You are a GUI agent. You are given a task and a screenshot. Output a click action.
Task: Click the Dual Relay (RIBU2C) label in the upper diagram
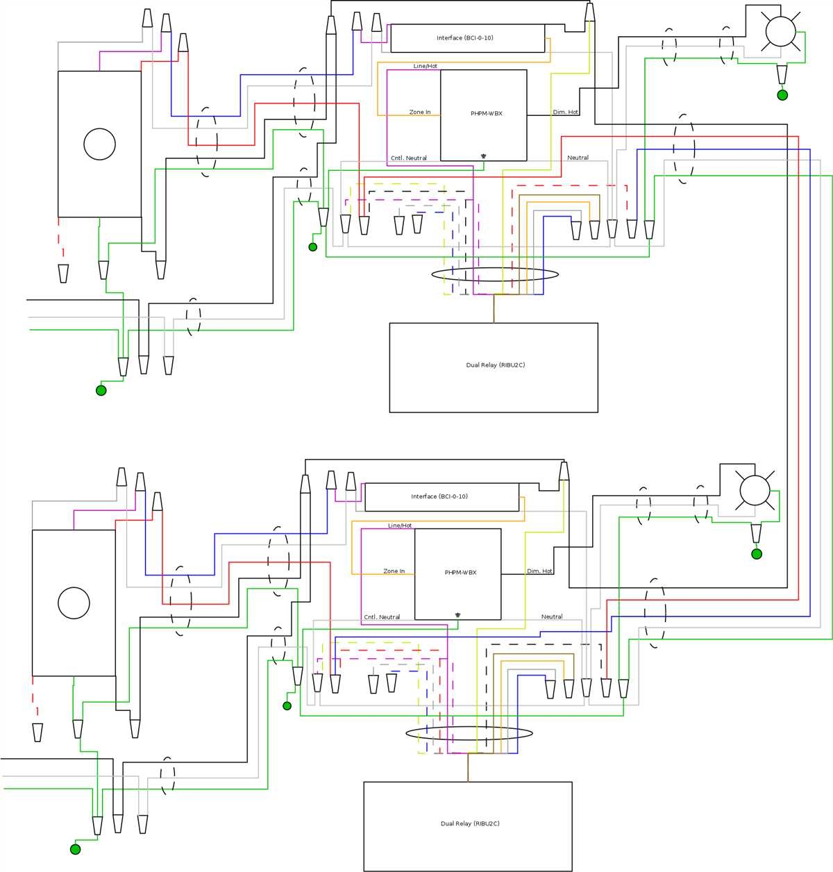click(x=495, y=365)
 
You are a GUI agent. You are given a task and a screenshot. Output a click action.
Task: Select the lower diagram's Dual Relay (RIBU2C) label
click(x=470, y=824)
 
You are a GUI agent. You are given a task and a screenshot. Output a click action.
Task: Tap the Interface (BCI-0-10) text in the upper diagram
click(x=465, y=38)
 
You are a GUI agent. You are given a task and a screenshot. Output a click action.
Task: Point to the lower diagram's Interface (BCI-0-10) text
click(x=439, y=497)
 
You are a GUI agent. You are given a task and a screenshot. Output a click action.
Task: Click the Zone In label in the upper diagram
click(x=420, y=112)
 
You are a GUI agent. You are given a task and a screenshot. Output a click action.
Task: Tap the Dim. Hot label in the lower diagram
click(x=539, y=571)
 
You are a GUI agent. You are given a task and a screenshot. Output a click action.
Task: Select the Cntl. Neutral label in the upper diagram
click(x=409, y=158)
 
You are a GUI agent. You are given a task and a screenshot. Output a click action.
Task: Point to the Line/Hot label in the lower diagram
click(x=400, y=526)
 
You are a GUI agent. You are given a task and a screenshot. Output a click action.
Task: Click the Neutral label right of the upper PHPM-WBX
click(x=578, y=158)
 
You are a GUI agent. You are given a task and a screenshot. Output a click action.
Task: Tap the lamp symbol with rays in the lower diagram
click(x=755, y=490)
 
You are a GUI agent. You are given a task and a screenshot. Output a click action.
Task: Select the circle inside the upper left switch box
click(x=99, y=144)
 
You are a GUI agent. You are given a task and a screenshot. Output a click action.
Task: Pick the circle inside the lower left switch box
click(x=74, y=603)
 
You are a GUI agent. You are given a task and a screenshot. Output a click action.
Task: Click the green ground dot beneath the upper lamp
click(x=782, y=95)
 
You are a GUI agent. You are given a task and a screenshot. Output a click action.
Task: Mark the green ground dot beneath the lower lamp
click(x=757, y=554)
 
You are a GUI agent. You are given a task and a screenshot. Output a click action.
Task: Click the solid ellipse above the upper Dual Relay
click(x=495, y=274)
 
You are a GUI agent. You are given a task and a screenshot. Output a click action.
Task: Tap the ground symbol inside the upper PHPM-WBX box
click(x=483, y=156)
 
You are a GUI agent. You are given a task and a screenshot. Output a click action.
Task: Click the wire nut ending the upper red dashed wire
click(x=63, y=274)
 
